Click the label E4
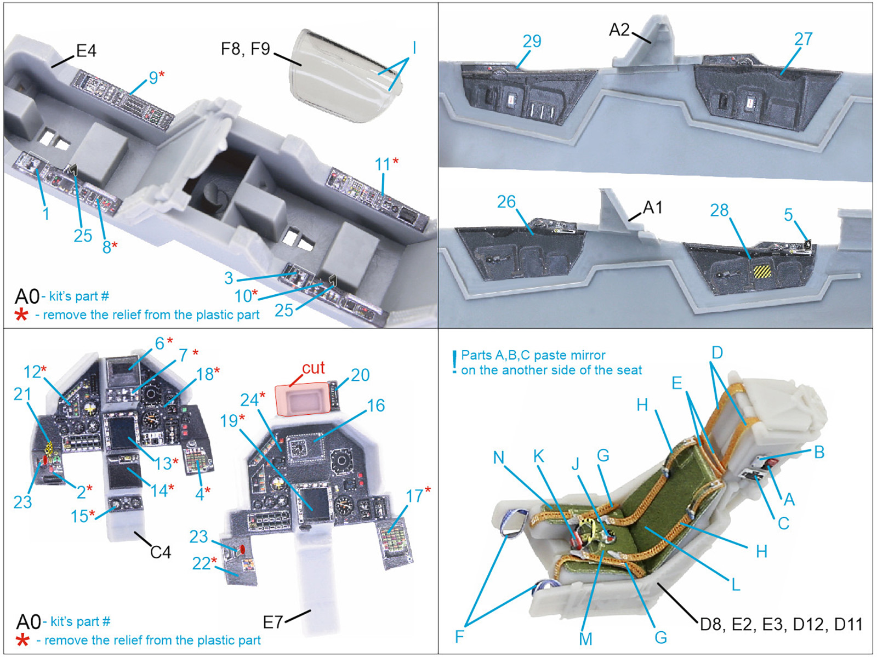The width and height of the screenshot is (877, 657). pyautogui.click(x=86, y=51)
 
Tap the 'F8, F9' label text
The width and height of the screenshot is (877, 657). pyautogui.click(x=246, y=49)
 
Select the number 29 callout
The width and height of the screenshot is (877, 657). pyautogui.click(x=532, y=41)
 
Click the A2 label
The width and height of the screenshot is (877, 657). pyautogui.click(x=619, y=30)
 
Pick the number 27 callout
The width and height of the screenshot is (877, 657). pyautogui.click(x=803, y=39)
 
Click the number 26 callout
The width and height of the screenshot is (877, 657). pyautogui.click(x=506, y=202)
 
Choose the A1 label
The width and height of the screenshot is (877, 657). pyautogui.click(x=653, y=208)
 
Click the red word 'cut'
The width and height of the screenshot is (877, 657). pyautogui.click(x=313, y=368)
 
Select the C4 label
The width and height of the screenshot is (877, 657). pyautogui.click(x=160, y=552)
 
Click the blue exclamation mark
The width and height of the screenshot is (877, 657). pyautogui.click(x=454, y=363)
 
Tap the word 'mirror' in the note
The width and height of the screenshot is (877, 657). pyautogui.click(x=586, y=355)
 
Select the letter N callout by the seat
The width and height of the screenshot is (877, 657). pyautogui.click(x=499, y=458)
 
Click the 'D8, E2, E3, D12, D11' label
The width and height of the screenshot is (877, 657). pyautogui.click(x=781, y=624)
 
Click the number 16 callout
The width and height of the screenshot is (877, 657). pyautogui.click(x=375, y=406)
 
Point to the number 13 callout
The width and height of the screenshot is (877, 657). pyautogui.click(x=163, y=464)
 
